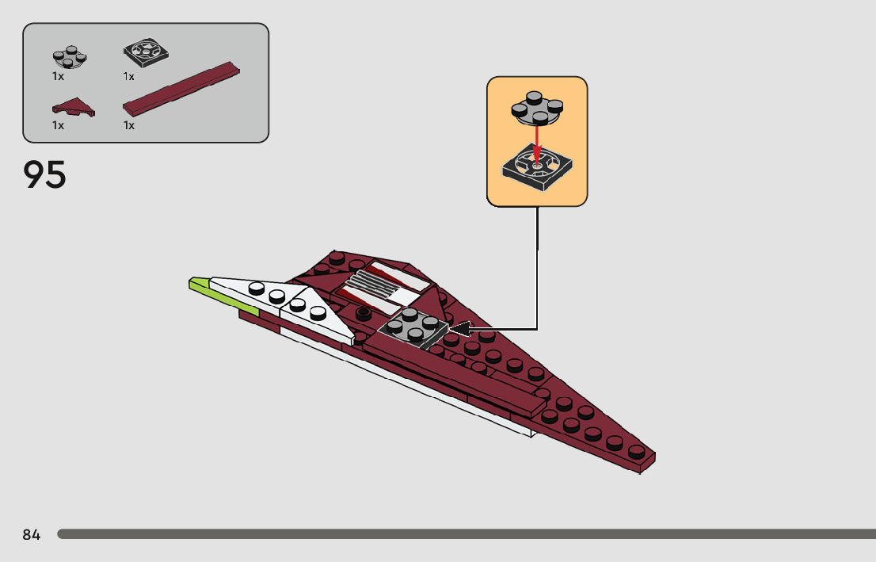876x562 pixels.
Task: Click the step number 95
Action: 45,175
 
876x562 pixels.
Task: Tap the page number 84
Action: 31,535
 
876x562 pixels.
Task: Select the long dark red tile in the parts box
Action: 181,87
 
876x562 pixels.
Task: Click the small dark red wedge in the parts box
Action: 74,106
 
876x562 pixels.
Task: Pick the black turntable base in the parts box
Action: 146,54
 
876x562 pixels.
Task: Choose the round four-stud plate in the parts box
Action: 70,56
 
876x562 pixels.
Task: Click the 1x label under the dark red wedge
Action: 58,125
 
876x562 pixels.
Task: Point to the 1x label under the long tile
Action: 129,125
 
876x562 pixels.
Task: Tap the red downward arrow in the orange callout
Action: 536,143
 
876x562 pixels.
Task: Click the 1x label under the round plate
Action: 58,77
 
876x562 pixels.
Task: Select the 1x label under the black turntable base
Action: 129,77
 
